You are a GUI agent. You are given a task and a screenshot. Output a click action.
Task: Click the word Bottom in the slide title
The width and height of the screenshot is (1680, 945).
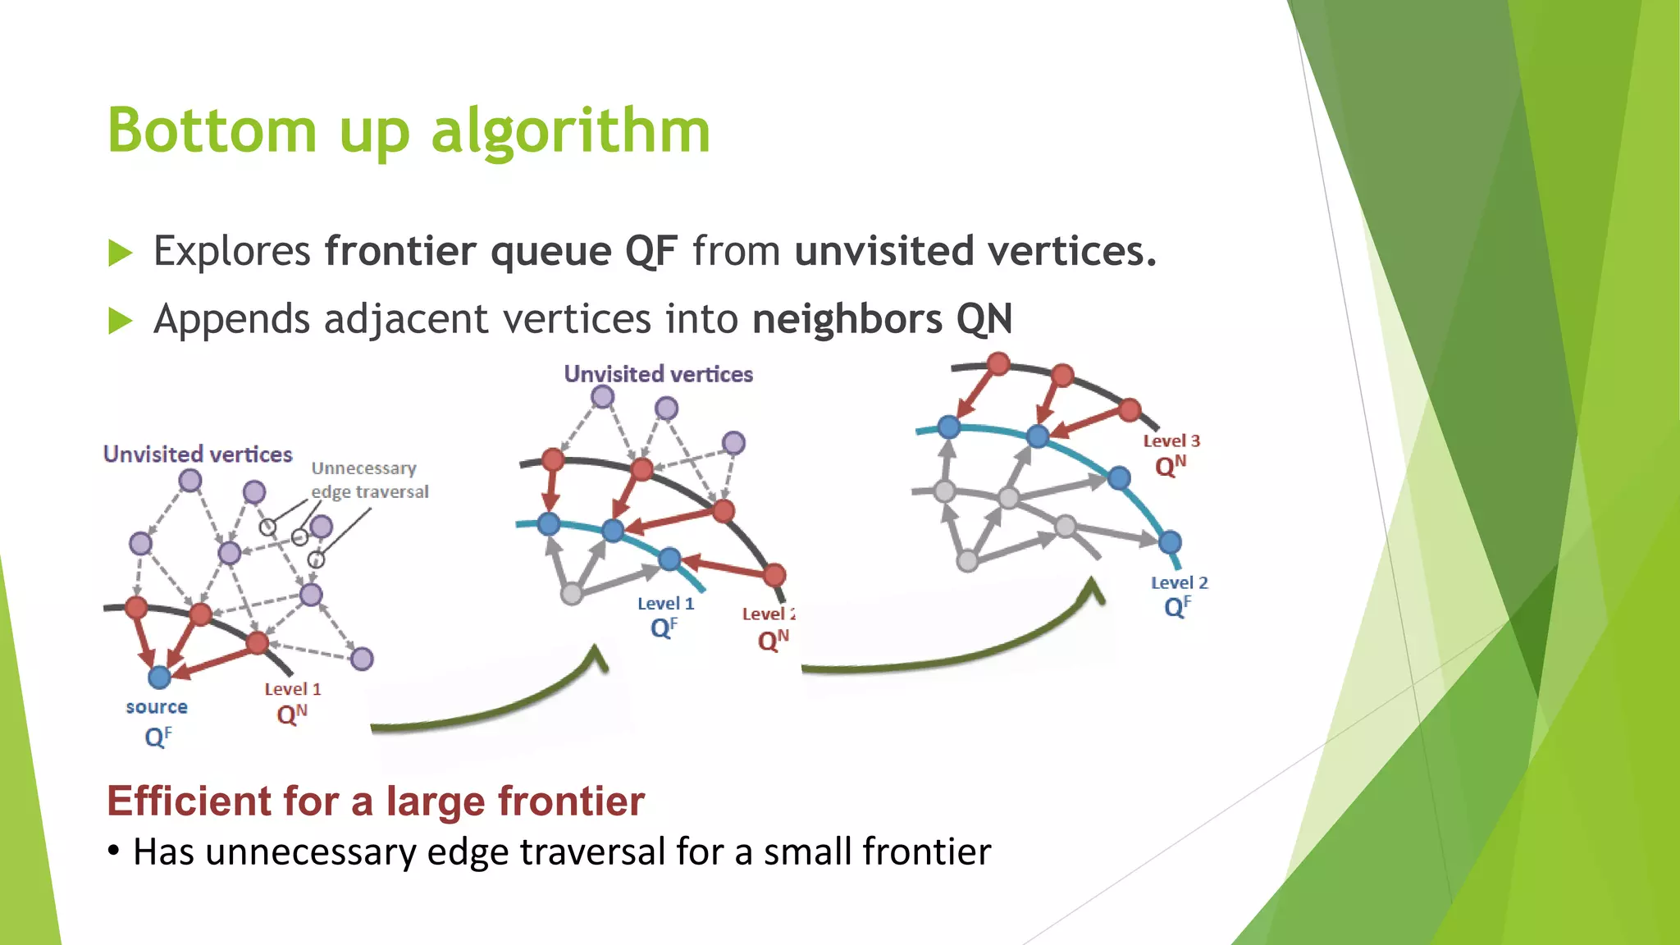(x=212, y=131)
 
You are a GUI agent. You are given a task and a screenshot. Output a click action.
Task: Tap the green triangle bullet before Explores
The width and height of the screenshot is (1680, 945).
(x=120, y=253)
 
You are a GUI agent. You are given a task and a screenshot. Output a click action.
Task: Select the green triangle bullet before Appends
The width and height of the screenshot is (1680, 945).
(x=120, y=321)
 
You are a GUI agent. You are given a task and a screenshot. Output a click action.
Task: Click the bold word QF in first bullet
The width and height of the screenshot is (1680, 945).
(x=651, y=251)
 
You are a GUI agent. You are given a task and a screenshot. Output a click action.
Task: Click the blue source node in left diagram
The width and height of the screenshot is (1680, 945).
(x=159, y=677)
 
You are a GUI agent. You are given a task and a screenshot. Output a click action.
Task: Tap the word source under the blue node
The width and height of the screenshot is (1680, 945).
(x=157, y=707)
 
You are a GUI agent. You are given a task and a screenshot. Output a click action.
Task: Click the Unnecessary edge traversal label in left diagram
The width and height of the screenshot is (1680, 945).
(x=369, y=480)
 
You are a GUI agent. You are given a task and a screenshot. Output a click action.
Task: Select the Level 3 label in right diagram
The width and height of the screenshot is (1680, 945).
(x=1171, y=441)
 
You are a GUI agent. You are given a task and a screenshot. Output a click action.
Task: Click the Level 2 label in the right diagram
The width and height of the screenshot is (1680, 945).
(x=1179, y=583)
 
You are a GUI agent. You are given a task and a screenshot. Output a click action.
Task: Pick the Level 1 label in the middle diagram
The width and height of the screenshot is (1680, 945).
(x=665, y=604)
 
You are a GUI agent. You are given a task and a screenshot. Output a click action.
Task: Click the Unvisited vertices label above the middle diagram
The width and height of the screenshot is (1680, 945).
(x=658, y=374)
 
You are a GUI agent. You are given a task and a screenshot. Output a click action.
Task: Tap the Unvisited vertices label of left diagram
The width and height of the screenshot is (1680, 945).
(x=198, y=454)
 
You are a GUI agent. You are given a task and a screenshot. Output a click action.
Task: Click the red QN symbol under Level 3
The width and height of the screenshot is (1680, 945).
(x=1170, y=466)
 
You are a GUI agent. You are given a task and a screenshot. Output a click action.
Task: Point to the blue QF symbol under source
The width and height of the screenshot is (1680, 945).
(x=157, y=737)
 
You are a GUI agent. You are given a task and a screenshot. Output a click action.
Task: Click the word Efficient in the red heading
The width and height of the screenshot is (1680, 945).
(x=189, y=801)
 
